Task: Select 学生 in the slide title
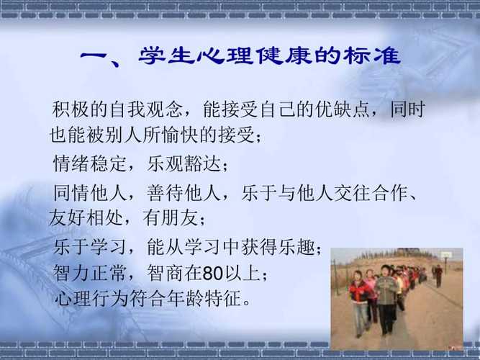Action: coord(167,55)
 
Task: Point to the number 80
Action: coord(212,274)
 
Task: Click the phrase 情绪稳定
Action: coord(90,163)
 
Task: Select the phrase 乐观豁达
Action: coord(184,163)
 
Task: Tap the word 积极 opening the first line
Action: coord(71,109)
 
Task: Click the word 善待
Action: coord(165,193)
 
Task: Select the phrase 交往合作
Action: coord(371,193)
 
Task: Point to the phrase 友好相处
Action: coord(86,218)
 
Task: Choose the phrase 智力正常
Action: coord(90,273)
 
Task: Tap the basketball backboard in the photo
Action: coord(445,255)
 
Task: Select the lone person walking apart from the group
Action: coord(438,276)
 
